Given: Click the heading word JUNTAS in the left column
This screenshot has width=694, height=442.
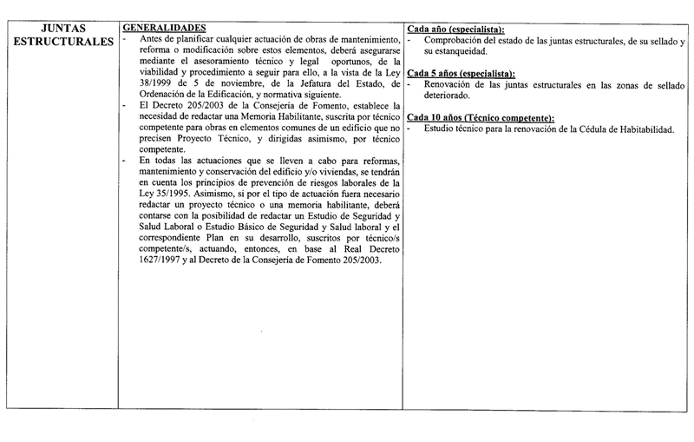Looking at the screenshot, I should click(62, 27).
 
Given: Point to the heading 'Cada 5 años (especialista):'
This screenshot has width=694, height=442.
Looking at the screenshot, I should click(461, 73).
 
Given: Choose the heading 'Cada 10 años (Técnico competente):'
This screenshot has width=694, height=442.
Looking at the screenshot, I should click(481, 117).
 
